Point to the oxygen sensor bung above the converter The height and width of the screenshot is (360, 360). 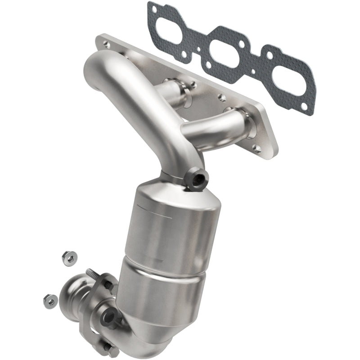(198, 180)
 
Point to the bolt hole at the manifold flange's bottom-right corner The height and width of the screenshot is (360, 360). (257, 148)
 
